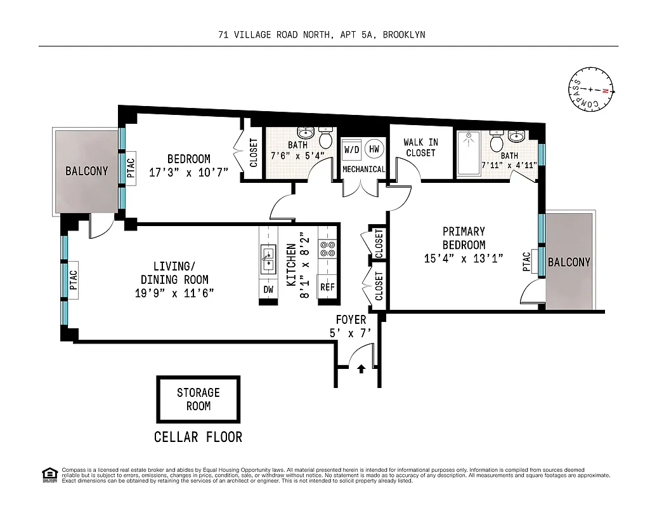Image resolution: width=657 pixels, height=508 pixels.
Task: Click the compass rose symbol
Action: coord(590,91)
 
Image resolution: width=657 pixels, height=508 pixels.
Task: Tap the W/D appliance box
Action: coord(351,150)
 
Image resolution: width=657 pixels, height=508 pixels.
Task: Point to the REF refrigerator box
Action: coord(327,287)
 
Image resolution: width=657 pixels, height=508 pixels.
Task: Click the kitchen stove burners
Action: coord(327,249)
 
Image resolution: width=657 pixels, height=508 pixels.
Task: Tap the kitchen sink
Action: coord(268,258)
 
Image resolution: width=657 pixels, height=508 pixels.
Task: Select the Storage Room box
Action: coord(198,399)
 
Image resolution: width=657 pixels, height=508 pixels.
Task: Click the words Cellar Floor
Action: coord(198,437)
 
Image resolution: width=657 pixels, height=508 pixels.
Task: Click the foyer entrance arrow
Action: coord(361,368)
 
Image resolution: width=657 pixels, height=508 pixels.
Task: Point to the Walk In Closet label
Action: coord(420,147)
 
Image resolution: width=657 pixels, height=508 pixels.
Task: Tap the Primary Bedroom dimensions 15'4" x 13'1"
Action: coord(464,258)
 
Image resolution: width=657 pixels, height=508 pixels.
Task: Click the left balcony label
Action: coord(86,171)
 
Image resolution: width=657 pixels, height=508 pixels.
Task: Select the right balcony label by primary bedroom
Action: coord(569,262)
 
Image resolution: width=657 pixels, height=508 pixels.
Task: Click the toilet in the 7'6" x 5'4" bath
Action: coord(326,139)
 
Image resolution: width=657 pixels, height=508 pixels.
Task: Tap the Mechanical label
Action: coord(363,170)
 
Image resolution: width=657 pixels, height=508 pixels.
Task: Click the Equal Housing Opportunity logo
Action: coord(48,474)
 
